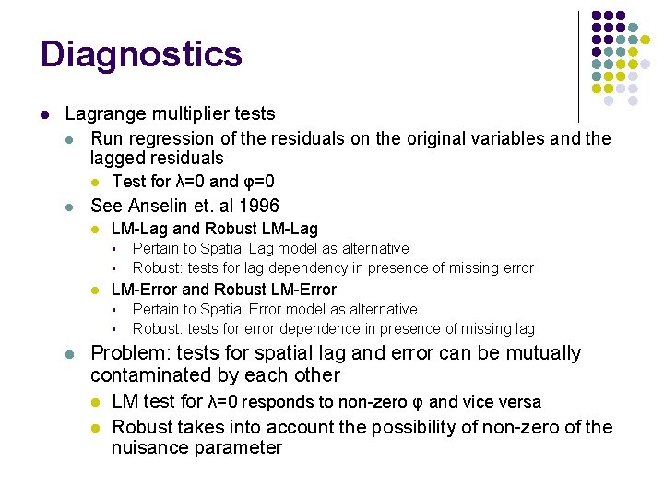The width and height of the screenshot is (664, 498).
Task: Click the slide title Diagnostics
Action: (x=141, y=53)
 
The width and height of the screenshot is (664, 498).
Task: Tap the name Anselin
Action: (x=159, y=206)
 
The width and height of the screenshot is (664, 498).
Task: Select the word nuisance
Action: (x=148, y=448)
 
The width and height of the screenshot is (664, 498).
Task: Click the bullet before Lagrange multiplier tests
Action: (x=44, y=114)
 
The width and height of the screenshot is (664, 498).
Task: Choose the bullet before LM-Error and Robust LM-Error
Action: (x=94, y=290)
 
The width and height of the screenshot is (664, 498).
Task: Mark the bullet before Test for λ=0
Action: (x=94, y=182)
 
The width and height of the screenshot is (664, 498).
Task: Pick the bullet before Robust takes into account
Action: (x=94, y=428)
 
